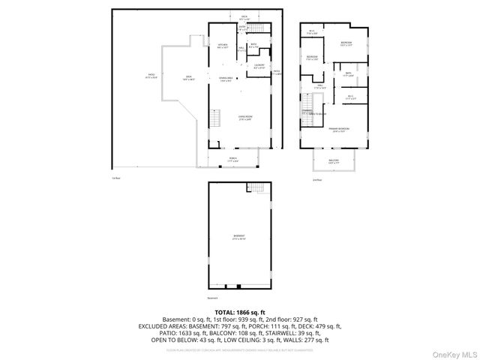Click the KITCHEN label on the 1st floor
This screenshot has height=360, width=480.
coord(222,46)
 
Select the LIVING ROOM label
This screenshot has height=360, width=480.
coord(244,118)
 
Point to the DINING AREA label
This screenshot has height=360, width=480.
coord(225,79)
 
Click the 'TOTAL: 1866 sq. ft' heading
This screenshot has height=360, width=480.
coord(239,312)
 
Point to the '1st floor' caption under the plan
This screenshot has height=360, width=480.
coord(115,178)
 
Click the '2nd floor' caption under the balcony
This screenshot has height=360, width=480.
coord(318,180)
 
